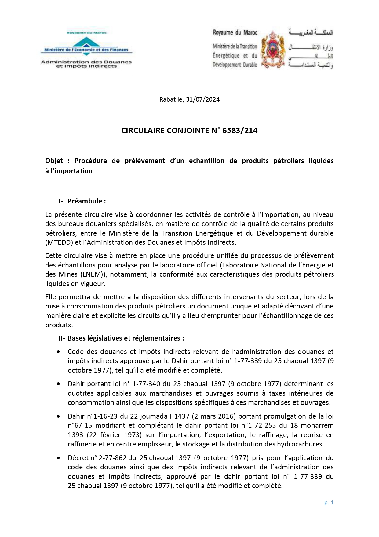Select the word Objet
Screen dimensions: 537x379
(54, 161)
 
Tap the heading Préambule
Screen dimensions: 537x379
(86, 201)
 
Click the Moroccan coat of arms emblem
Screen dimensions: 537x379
(272, 49)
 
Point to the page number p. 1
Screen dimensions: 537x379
(329, 502)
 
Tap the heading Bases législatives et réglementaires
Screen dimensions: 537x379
(126, 338)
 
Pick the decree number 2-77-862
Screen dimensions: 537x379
(111, 458)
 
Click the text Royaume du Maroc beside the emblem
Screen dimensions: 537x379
(235, 32)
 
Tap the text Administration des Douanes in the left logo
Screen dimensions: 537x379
(86, 62)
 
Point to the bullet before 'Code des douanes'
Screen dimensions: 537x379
(58, 352)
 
